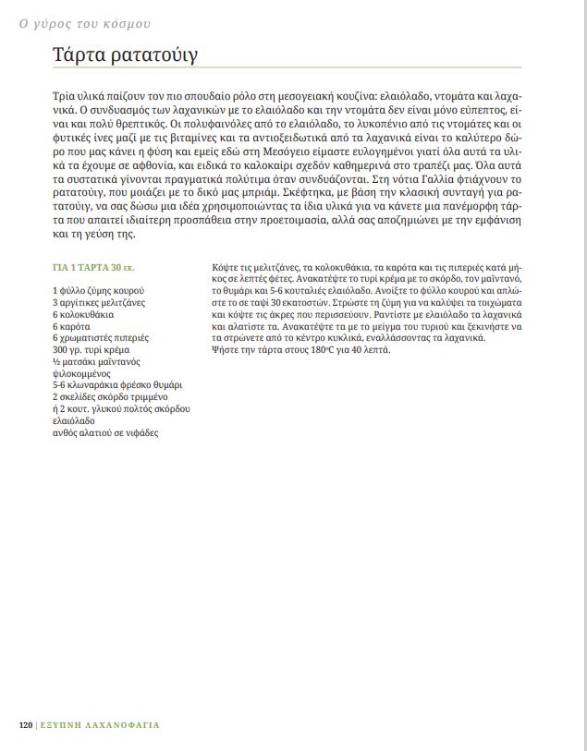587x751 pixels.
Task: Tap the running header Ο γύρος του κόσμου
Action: point(84,24)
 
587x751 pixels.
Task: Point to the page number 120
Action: point(26,725)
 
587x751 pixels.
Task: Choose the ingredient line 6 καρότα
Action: point(72,327)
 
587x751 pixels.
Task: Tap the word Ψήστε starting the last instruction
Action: point(225,351)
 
